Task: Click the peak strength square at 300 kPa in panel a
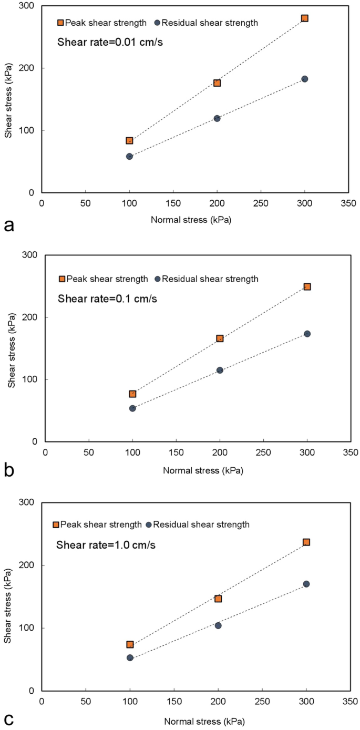pyautogui.click(x=304, y=18)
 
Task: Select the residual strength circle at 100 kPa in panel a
pyautogui.click(x=129, y=157)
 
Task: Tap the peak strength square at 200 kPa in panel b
pyautogui.click(x=220, y=338)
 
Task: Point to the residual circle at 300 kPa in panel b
pyautogui.click(x=307, y=334)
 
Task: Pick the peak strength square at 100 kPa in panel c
pyautogui.click(x=130, y=644)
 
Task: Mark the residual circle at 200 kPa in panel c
pyautogui.click(x=218, y=625)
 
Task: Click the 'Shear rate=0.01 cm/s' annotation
pyautogui.click(x=110, y=42)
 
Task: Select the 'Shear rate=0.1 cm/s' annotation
pyautogui.click(x=108, y=299)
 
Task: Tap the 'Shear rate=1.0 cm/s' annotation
pyautogui.click(x=106, y=544)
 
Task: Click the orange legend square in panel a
pyautogui.click(x=60, y=23)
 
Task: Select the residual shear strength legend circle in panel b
pyautogui.click(x=158, y=279)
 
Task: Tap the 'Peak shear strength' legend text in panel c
pyautogui.click(x=101, y=525)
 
